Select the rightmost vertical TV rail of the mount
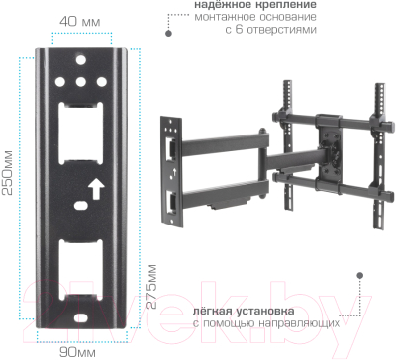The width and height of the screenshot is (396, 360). (378, 148)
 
